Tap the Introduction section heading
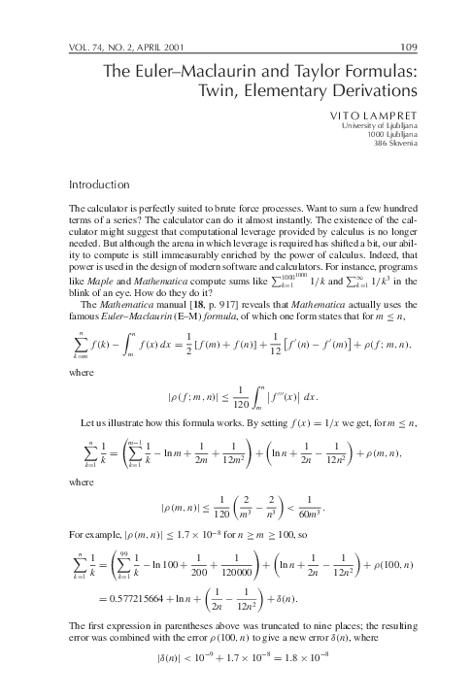pyautogui.click(x=99, y=184)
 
